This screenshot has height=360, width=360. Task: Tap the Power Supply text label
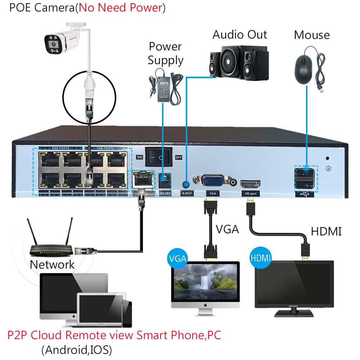166,53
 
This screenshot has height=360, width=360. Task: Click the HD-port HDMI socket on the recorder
250,184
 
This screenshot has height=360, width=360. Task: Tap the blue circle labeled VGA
178,258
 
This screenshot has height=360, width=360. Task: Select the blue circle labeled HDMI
260,258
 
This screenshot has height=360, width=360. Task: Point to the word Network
52,265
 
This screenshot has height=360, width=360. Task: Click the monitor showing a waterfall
205,284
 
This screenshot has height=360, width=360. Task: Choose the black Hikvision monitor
294,286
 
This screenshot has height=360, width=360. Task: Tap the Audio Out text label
240,35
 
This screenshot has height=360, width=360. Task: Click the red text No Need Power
120,8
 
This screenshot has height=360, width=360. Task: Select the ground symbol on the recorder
328,168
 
